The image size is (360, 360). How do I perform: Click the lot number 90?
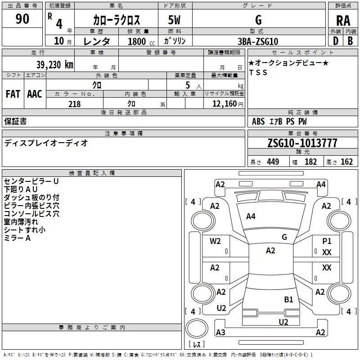coord(22,18)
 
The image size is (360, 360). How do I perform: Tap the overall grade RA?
coord(343,21)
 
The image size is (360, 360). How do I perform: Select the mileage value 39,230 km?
coord(55,65)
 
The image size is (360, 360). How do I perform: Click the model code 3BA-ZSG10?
coord(258,41)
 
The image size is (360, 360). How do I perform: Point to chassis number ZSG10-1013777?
coord(302,143)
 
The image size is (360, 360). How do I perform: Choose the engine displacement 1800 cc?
coord(141,41)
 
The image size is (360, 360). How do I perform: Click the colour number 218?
coord(75,104)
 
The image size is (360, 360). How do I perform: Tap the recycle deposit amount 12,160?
coord(225,104)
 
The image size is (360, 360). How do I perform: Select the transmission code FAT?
coord(13,94)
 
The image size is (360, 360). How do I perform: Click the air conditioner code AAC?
coord(35,94)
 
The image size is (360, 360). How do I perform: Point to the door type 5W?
coord(174,20)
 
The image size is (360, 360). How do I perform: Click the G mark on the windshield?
coord(284,237)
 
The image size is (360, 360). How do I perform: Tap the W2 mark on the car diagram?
coord(215,241)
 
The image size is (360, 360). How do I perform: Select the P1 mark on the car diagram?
coord(327,241)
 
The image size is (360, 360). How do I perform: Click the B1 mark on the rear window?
coord(288,299)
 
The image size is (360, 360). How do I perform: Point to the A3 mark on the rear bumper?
coord(220,332)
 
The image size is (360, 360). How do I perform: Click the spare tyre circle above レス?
coord(197,328)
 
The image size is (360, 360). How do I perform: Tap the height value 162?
coord(346,162)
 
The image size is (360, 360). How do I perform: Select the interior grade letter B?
coord(350,41)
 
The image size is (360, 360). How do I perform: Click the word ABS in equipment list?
coord(258,121)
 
